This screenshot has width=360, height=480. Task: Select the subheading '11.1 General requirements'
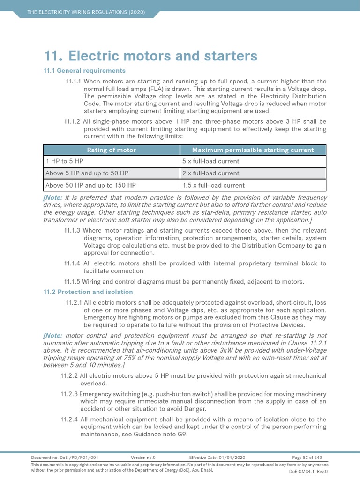coord(84,70)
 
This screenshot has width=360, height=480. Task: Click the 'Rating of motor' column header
coord(112,150)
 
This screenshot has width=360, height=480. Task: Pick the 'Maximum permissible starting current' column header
coord(253,150)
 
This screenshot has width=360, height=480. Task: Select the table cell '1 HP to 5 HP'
coord(64,161)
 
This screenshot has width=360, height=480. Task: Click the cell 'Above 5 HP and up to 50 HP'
coord(83,173)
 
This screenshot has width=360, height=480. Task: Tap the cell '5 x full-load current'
coord(210,161)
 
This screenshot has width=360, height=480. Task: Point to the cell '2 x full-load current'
coord(210,173)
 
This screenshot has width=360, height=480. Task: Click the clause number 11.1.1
coord(73,81)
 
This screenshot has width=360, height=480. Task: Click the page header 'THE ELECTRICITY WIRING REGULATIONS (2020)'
coord(86,11)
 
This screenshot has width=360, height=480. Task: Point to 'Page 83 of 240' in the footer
coord(307,457)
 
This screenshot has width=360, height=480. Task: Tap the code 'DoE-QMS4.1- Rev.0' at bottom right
coord(308,472)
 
